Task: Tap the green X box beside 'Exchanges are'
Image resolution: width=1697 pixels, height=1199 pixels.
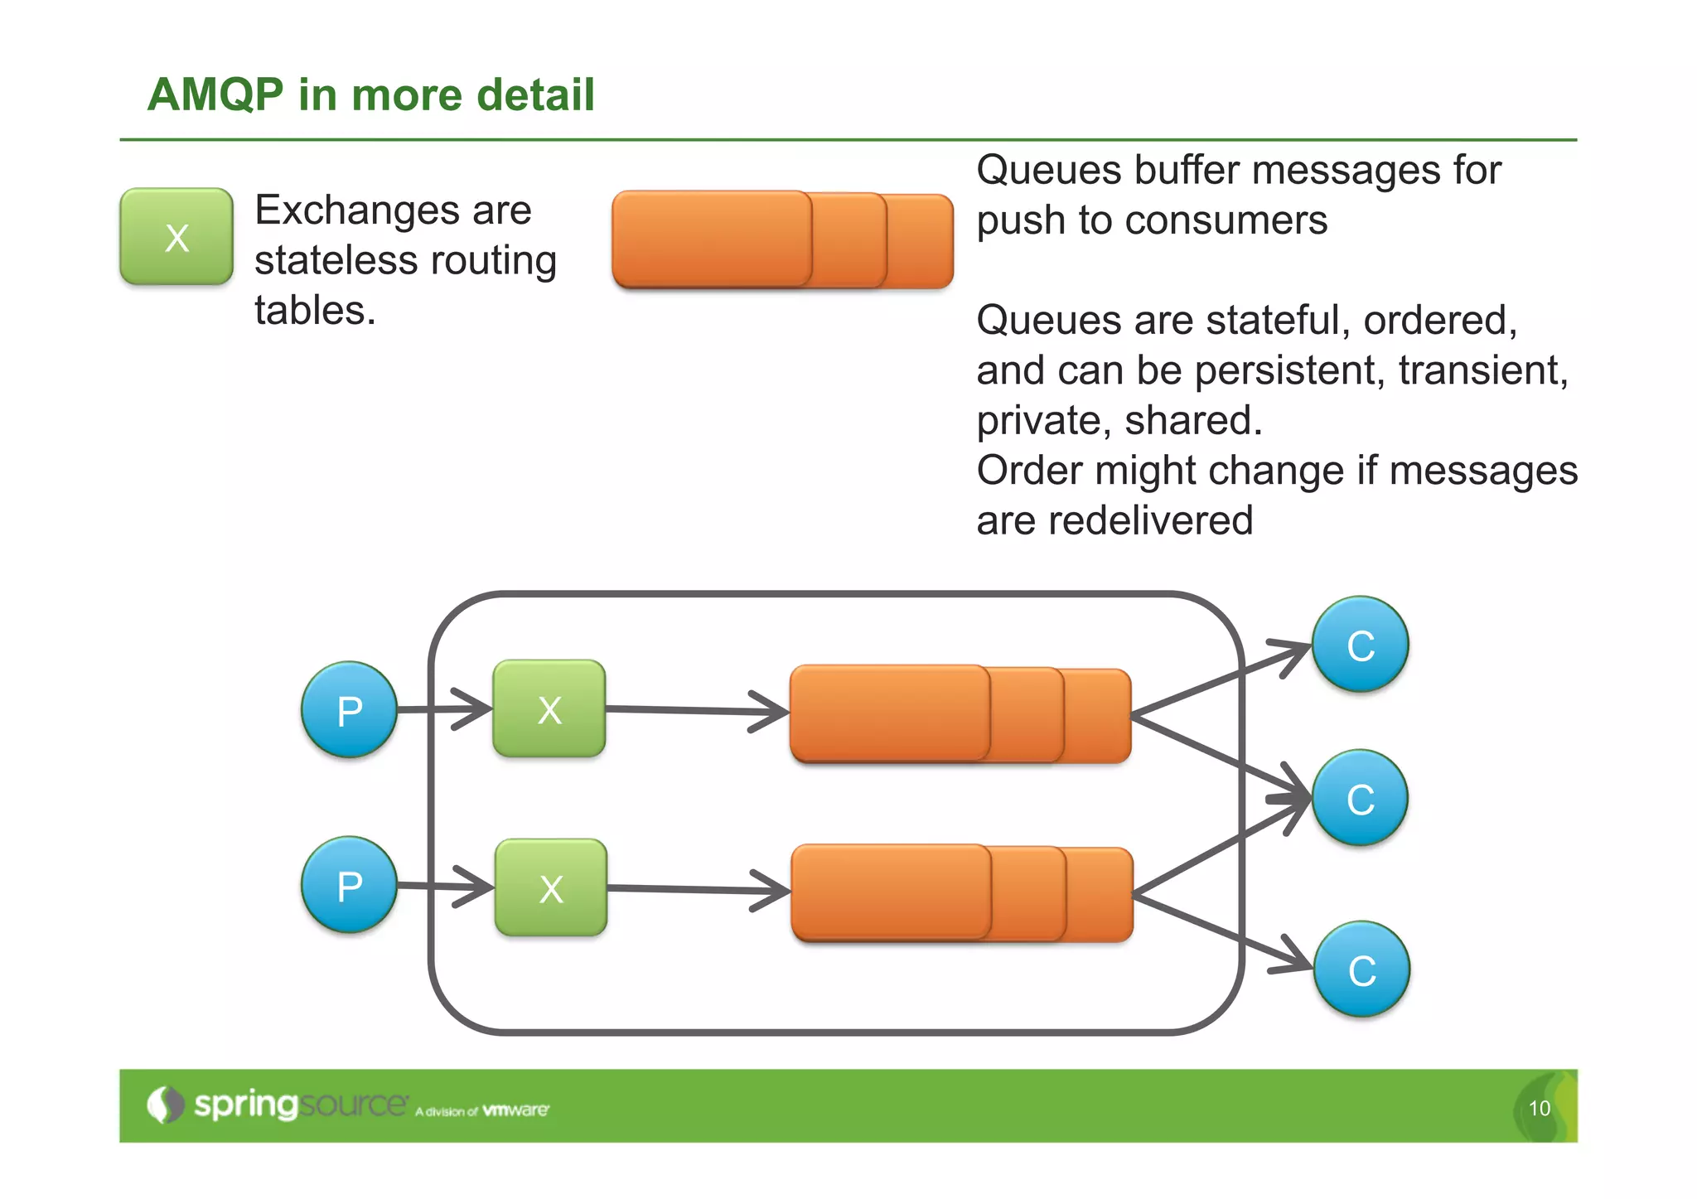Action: [x=176, y=237]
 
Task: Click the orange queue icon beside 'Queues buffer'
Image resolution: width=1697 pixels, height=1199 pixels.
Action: [x=781, y=240]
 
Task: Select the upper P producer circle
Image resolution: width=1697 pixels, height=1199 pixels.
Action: [x=349, y=710]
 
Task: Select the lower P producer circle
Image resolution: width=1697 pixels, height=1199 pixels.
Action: [x=349, y=885]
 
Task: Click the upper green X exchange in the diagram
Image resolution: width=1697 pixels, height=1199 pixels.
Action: [x=549, y=709]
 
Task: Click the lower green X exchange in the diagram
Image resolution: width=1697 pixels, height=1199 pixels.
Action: [x=551, y=888]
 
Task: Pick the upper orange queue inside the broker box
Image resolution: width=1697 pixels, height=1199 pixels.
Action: [x=960, y=714]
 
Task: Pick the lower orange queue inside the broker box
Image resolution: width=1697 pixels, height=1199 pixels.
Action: [x=961, y=893]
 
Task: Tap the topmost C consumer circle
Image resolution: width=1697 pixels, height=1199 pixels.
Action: [x=1360, y=645]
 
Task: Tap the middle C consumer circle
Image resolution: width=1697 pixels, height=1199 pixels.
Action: [x=1360, y=798]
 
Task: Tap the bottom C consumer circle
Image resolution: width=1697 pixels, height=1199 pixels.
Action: [x=1361, y=969]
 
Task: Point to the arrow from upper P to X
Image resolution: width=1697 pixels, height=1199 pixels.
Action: [x=443, y=709]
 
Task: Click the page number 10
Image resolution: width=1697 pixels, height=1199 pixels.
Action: [x=1539, y=1109]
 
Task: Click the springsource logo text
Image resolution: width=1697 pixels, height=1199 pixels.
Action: [x=298, y=1105]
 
